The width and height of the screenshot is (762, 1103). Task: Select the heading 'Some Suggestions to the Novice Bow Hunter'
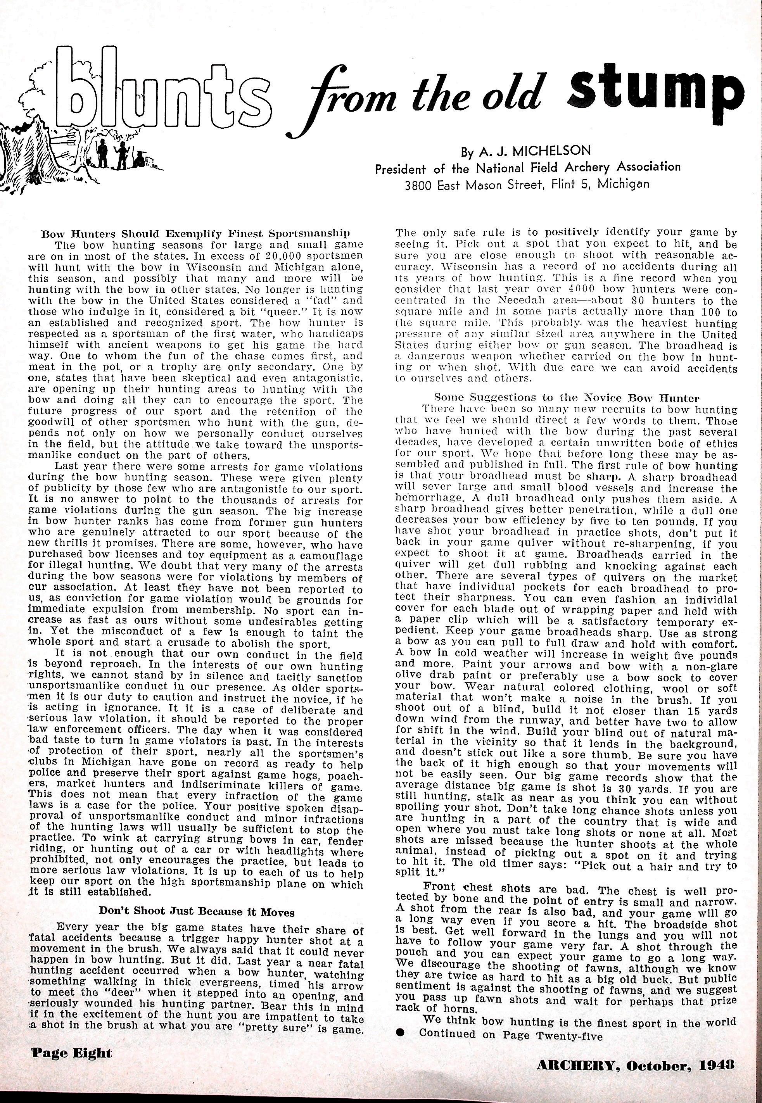point(567,397)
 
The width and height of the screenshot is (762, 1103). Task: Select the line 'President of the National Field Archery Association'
point(527,168)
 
